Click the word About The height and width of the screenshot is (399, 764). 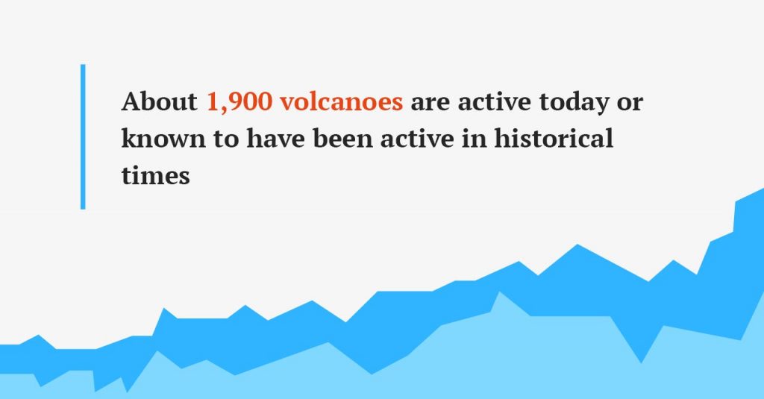(160, 101)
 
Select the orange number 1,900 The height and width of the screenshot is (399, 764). (239, 102)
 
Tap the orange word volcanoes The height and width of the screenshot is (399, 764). (341, 101)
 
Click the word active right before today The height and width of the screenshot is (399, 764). (494, 102)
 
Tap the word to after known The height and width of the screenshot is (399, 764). (226, 139)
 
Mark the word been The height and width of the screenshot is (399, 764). (342, 138)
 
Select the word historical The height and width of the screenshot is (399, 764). (554, 138)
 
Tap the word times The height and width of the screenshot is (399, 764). (155, 175)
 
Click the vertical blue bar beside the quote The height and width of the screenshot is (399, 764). (83, 137)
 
